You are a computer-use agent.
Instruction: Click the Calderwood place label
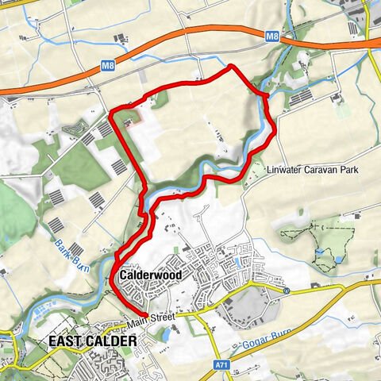click(x=151, y=275)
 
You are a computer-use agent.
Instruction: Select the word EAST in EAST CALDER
click(x=64, y=341)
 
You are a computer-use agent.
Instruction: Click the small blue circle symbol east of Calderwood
click(x=287, y=291)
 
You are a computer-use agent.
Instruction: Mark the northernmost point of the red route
click(x=231, y=67)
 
